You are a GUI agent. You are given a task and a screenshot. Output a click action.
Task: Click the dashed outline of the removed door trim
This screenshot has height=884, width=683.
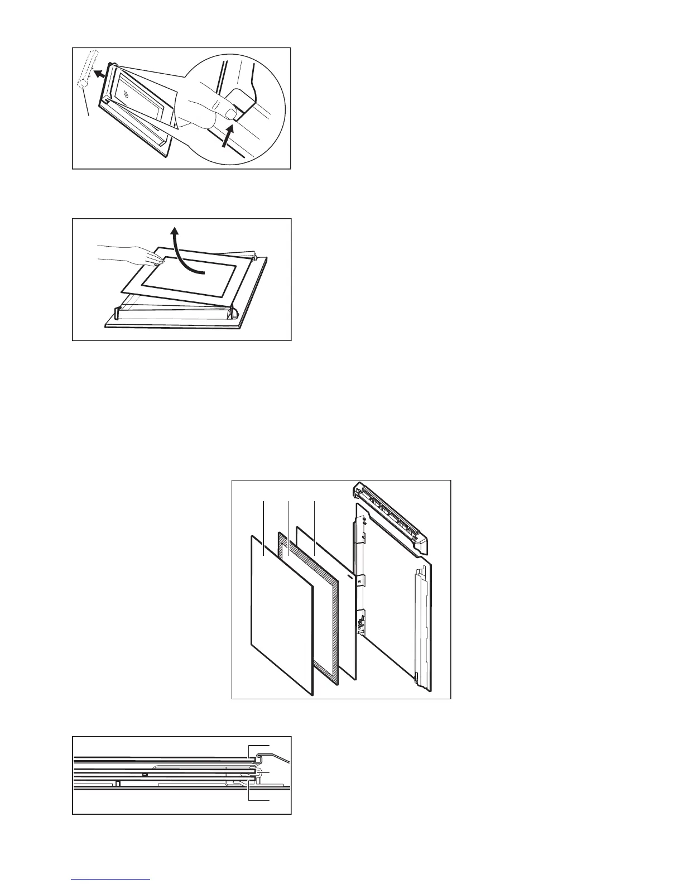(x=88, y=68)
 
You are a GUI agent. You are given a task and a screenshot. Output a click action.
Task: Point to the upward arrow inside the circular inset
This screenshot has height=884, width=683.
(x=228, y=136)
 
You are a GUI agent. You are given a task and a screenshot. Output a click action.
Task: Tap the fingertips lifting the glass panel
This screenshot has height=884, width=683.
(x=157, y=259)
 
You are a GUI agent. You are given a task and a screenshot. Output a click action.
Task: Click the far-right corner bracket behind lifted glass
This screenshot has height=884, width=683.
(x=254, y=257)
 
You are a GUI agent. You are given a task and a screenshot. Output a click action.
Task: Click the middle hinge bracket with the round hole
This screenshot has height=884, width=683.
(x=360, y=581)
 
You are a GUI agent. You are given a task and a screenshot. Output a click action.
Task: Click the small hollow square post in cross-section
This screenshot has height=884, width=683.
(x=117, y=782)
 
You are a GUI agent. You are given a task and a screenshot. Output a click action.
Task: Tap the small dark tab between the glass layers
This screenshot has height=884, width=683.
(x=145, y=775)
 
